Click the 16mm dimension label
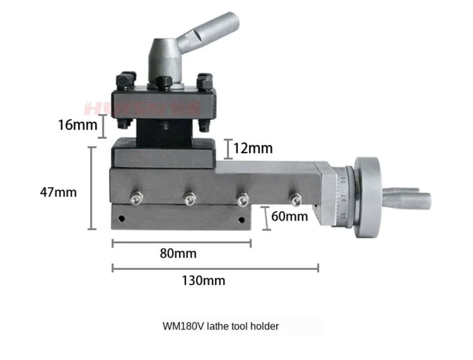[77, 125]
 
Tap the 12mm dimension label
[253, 148]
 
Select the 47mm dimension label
[59, 192]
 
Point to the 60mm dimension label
[290, 216]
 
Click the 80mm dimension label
[178, 253]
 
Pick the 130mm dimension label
[203, 281]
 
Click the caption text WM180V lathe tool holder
[221, 326]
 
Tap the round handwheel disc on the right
[369, 197]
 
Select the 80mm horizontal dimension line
[181, 243]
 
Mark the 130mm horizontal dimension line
[215, 268]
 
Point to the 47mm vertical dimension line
[92, 188]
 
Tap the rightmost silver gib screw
[295, 198]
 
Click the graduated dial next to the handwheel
[342, 197]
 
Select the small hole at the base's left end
[122, 219]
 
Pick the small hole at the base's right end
[241, 220]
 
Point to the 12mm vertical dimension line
[228, 149]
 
